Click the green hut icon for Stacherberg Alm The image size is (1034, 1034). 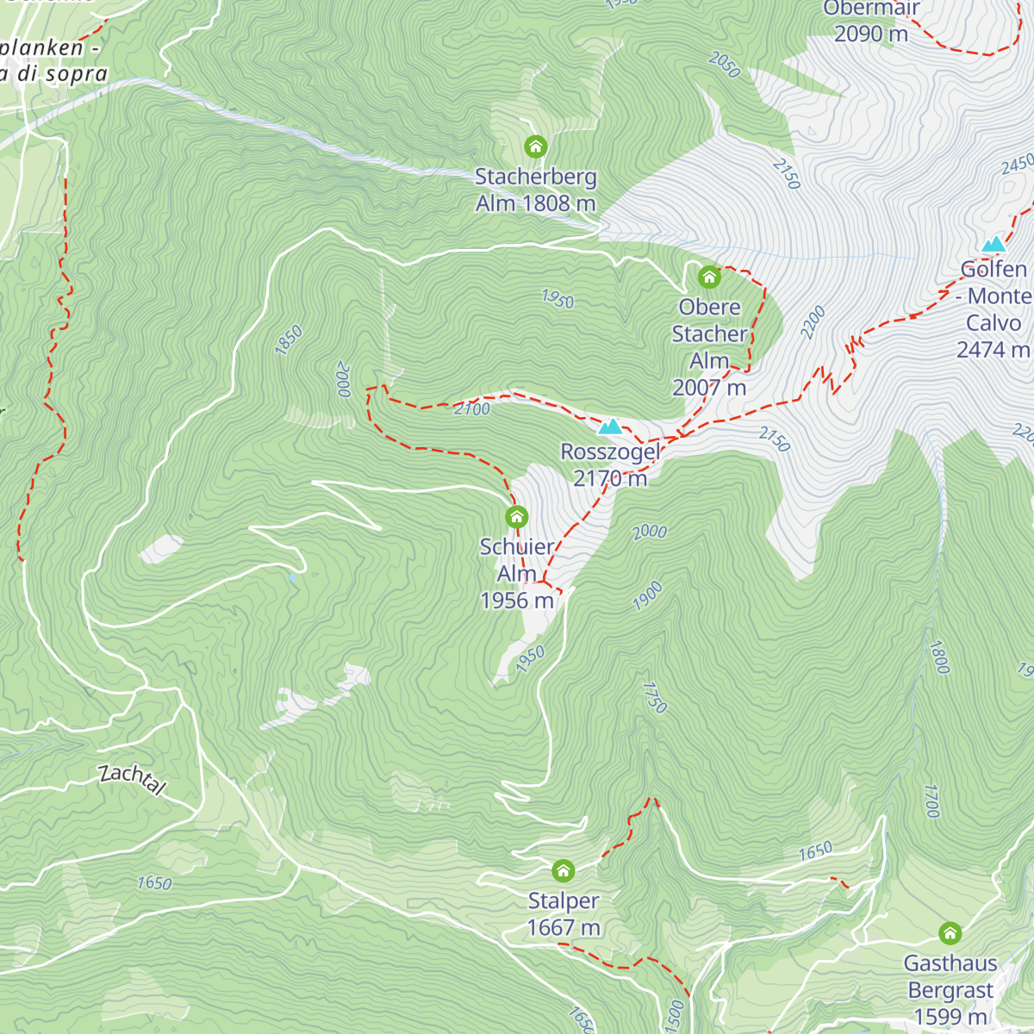pyautogui.click(x=536, y=146)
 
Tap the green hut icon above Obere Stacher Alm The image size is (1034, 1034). pyautogui.click(x=709, y=277)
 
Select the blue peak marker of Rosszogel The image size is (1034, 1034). pyautogui.click(x=610, y=427)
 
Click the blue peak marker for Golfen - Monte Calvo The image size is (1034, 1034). pyautogui.click(x=994, y=245)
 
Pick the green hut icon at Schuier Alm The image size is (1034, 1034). pyautogui.click(x=516, y=517)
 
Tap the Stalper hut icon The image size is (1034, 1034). pyautogui.click(x=563, y=870)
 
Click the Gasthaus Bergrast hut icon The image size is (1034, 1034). pyautogui.click(x=950, y=933)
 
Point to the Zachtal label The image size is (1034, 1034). pyautogui.click(x=132, y=778)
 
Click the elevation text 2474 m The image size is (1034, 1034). pyautogui.click(x=993, y=350)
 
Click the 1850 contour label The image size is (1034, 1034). pyautogui.click(x=289, y=339)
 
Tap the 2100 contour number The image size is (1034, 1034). pyautogui.click(x=472, y=409)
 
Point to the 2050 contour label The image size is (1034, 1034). pyautogui.click(x=725, y=65)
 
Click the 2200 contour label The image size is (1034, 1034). pyautogui.click(x=813, y=322)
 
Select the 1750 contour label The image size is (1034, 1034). pyautogui.click(x=654, y=697)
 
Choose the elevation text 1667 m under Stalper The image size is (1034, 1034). pyautogui.click(x=564, y=928)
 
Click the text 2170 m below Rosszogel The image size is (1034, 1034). pyautogui.click(x=610, y=478)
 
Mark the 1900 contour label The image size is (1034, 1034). pyautogui.click(x=647, y=595)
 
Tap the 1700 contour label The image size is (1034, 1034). pyautogui.click(x=931, y=800)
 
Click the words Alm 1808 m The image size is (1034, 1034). pyautogui.click(x=535, y=203)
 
